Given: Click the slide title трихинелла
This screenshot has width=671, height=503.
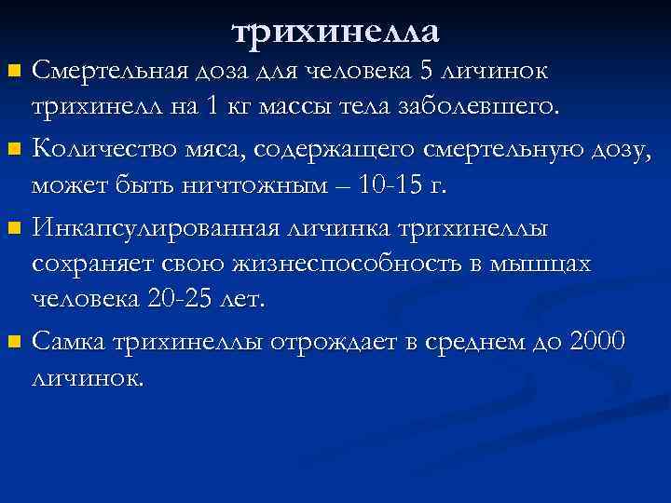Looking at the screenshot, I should coord(335,32).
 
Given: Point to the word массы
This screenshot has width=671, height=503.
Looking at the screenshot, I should coord(296,106).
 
